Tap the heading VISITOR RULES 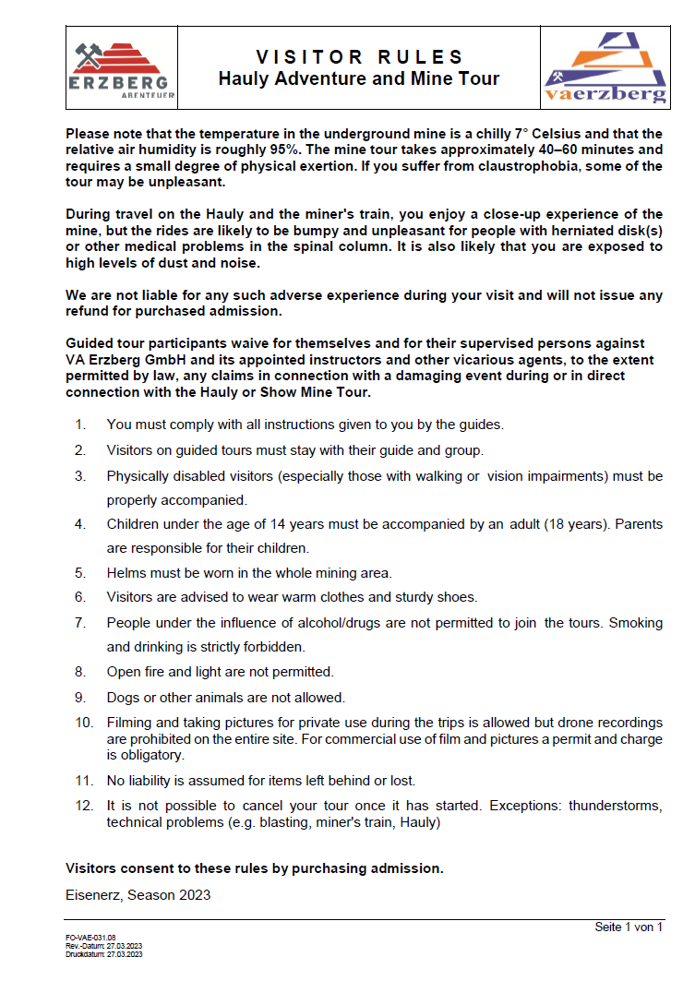click(359, 57)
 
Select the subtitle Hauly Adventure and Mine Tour click(359, 78)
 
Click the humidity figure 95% click(292, 150)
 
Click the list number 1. click(81, 425)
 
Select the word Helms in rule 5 click(126, 572)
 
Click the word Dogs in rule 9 click(123, 697)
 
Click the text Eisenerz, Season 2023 click(138, 894)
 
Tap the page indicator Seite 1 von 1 click(629, 927)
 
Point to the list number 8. click(81, 672)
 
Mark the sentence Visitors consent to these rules click(255, 867)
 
